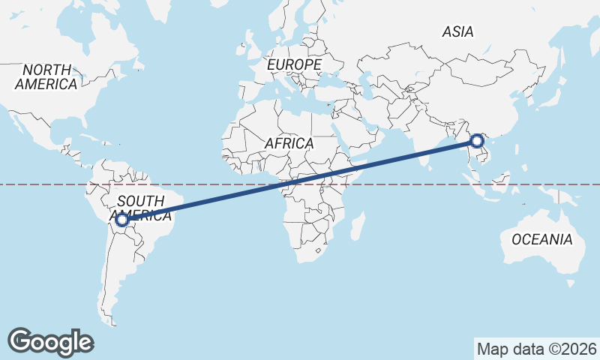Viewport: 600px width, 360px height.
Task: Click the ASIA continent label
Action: pos(457,31)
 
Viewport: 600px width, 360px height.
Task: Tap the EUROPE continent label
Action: pos(294,65)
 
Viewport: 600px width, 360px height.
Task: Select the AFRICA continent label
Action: pos(289,142)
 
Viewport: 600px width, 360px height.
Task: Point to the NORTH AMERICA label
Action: pos(46,76)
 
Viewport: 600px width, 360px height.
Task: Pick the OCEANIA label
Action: pos(541,240)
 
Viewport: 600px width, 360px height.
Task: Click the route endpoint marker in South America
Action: pos(121,220)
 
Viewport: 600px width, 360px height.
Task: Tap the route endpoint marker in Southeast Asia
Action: pos(478,140)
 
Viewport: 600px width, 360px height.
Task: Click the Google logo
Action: pos(50,341)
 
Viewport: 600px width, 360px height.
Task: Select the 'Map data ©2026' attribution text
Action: pos(536,349)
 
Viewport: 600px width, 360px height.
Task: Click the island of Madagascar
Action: pos(358,225)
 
